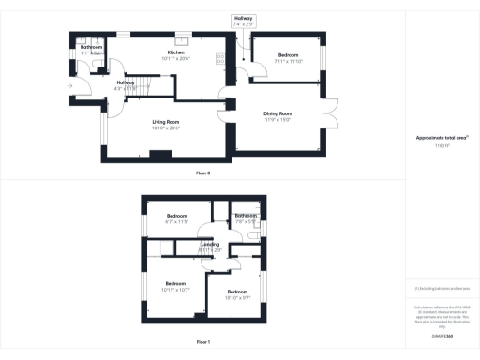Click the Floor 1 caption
click(x=203, y=342)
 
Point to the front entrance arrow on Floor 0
click(x=71, y=87)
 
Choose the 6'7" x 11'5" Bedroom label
click(x=177, y=218)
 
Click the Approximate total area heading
click(x=442, y=137)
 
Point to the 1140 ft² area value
click(x=442, y=146)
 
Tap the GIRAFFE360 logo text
click(x=442, y=322)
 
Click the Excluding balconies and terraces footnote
click(x=442, y=288)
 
